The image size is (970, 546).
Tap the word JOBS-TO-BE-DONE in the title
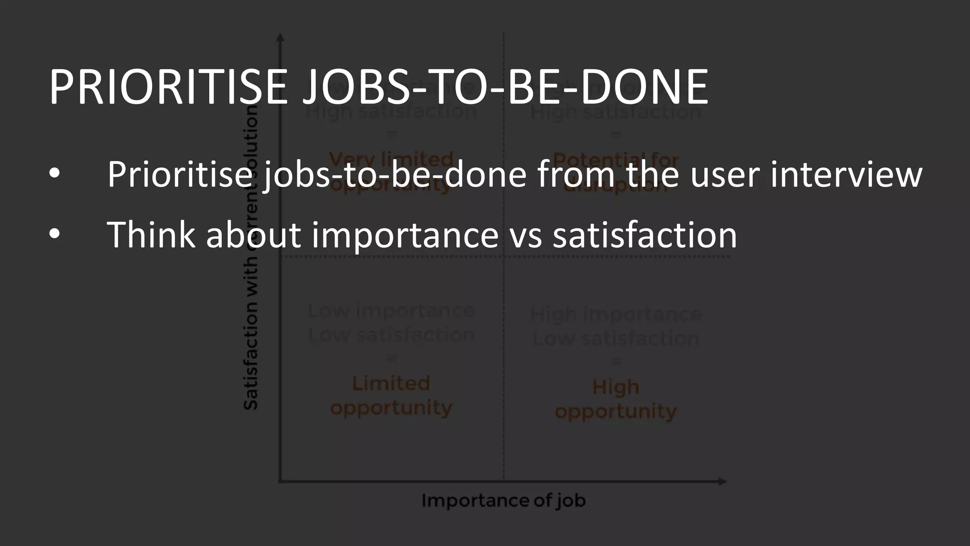pyautogui.click(x=505, y=87)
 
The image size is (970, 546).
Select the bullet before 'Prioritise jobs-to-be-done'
pyautogui.click(x=55, y=174)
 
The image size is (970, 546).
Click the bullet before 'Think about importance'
pyautogui.click(x=55, y=234)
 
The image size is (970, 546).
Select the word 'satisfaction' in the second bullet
pyautogui.click(x=645, y=234)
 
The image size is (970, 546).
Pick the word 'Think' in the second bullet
pyautogui.click(x=151, y=234)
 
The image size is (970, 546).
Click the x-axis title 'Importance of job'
pyautogui.click(x=503, y=500)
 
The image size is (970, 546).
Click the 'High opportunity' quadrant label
pyautogui.click(x=615, y=399)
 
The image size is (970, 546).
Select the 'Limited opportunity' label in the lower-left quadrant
pyautogui.click(x=391, y=395)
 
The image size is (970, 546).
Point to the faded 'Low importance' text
pyautogui.click(x=391, y=311)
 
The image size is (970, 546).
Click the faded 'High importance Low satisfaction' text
pyautogui.click(x=615, y=326)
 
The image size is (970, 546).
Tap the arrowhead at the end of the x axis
pyautogui.click(x=722, y=482)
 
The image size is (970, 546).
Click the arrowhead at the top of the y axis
pyautogui.click(x=280, y=37)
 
